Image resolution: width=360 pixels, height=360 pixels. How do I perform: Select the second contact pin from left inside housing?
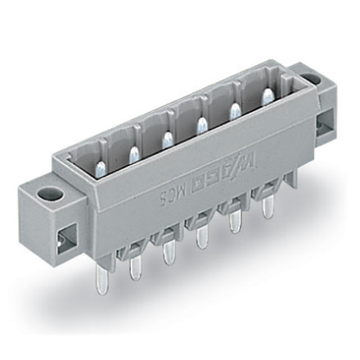coord(134,154)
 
